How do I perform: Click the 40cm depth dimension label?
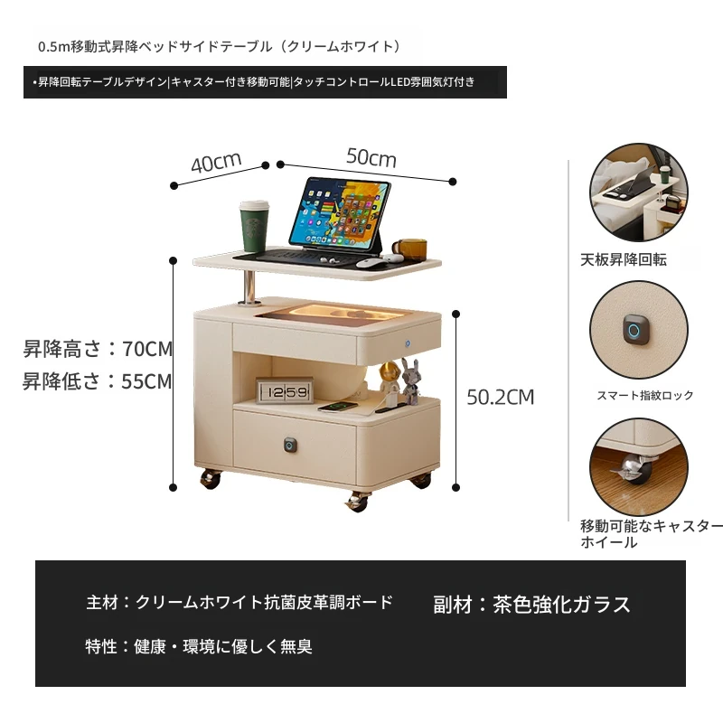pos(216,163)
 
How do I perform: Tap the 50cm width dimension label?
pos(371,157)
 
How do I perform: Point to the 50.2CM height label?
pos(501,397)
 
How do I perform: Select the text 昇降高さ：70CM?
pos(98,349)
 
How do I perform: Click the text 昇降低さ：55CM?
pos(98,381)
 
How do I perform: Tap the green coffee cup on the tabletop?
pos(254,226)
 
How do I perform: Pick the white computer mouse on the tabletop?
pos(371,263)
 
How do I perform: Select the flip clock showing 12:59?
pos(285,391)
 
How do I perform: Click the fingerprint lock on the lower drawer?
pos(290,445)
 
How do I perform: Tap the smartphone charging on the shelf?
pos(337,407)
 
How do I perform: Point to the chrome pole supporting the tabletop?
pos(249,287)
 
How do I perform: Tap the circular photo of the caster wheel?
pos(639,466)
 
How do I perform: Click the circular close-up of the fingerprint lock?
pos(639,329)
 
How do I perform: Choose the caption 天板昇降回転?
pos(624,259)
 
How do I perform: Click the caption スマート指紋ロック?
pos(645,395)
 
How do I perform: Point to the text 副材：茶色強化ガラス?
pos(531,605)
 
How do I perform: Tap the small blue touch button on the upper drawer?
pos(408,343)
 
